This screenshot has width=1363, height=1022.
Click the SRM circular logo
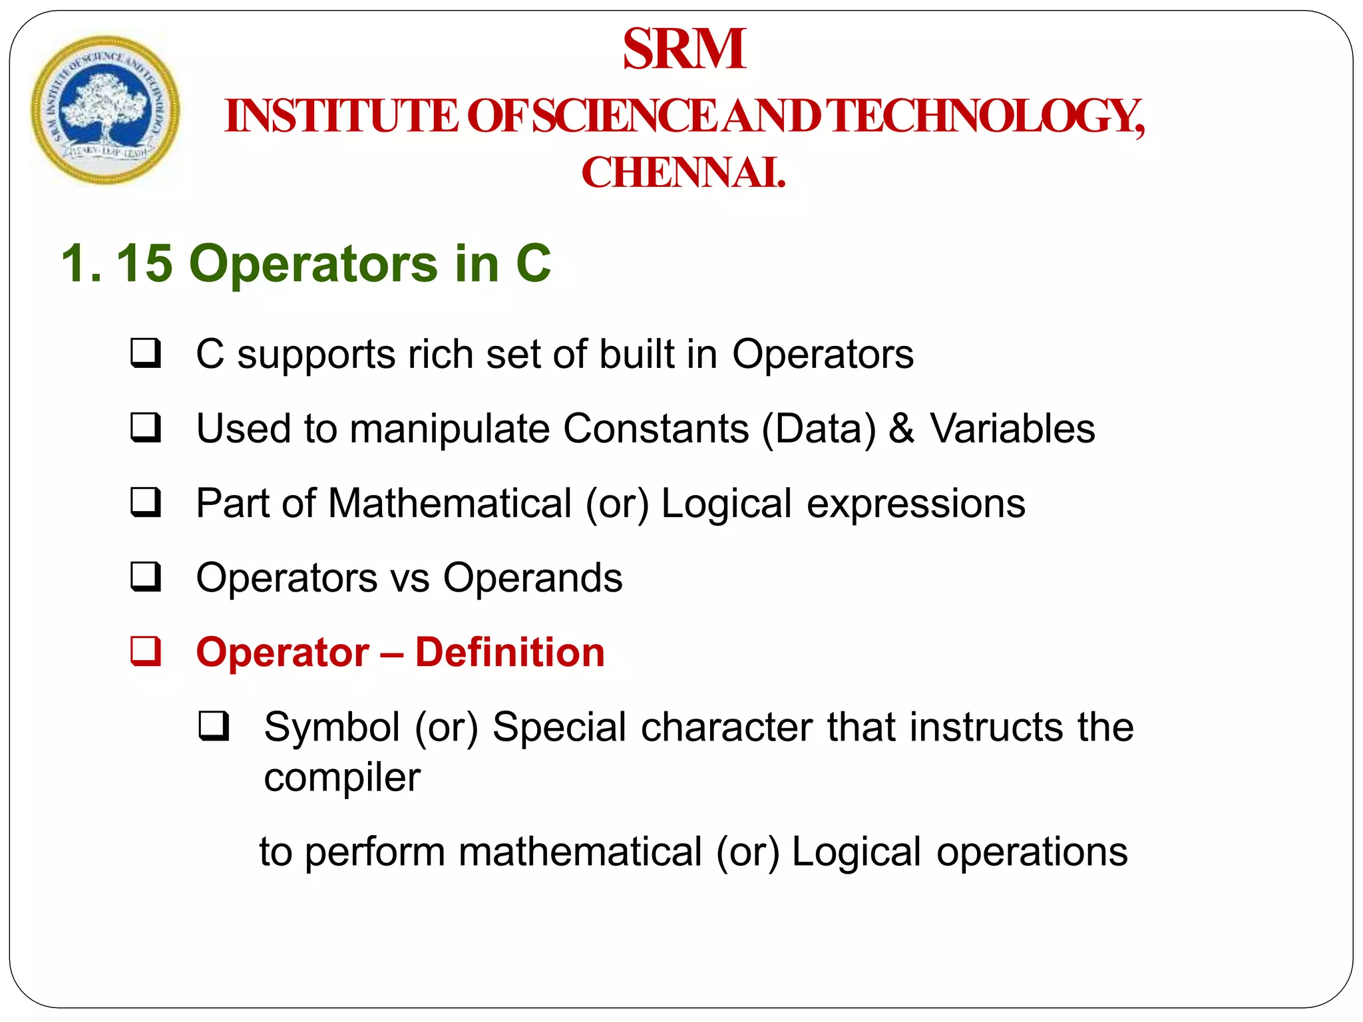[105, 110]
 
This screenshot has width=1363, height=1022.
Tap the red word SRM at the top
[684, 49]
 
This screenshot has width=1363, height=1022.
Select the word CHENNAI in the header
[683, 173]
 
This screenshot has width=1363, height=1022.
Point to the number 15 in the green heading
[144, 263]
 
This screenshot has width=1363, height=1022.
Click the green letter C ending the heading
[533, 263]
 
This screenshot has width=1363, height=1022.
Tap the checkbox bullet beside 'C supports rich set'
[145, 353]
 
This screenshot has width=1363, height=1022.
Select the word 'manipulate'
[449, 429]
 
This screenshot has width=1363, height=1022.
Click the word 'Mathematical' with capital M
[450, 503]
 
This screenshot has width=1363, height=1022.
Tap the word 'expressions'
[916, 504]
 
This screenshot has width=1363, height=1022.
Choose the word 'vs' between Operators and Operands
[410, 578]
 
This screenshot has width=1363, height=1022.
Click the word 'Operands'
[532, 578]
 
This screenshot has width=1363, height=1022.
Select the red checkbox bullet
[145, 651]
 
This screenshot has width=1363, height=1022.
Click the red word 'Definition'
[510, 652]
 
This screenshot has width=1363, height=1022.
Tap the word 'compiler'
[342, 777]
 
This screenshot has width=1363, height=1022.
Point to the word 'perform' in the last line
[375, 852]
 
